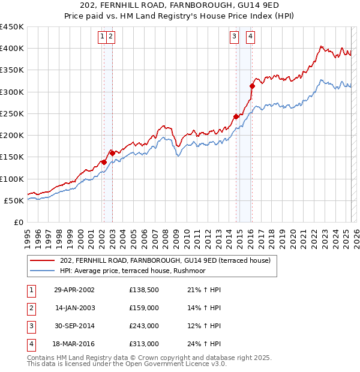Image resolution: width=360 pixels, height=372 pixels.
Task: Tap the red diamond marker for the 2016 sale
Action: [x=252, y=86]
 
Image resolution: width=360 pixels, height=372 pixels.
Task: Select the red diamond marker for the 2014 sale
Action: [x=236, y=116]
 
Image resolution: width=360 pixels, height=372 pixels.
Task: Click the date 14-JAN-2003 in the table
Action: [x=74, y=308]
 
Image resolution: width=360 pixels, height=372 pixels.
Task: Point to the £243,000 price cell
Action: [x=143, y=326]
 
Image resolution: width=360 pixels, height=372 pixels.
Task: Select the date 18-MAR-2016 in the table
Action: [x=74, y=344]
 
